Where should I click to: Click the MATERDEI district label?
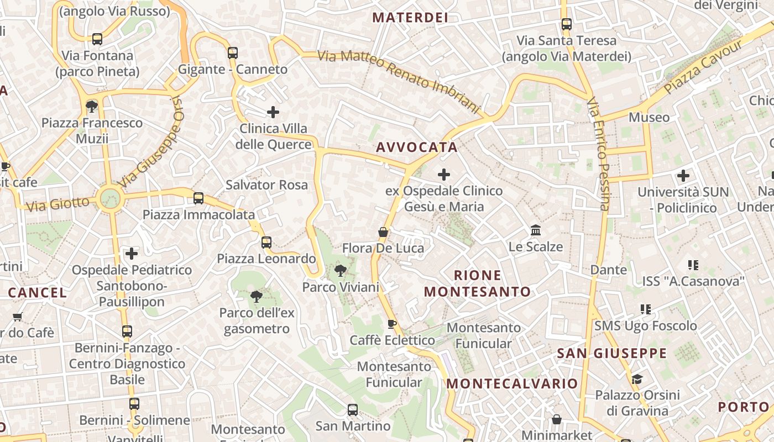(410, 17)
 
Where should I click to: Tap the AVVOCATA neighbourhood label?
(417, 147)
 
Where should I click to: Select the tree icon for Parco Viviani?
(341, 271)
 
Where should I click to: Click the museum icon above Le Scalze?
(535, 230)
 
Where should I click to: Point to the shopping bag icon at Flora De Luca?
(383, 232)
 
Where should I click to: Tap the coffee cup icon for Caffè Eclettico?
(392, 324)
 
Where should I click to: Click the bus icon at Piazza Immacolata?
(198, 198)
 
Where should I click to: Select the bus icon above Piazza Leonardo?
(266, 242)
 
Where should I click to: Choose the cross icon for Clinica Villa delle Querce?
(273, 112)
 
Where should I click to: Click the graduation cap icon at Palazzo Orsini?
(637, 379)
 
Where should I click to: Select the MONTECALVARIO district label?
(512, 383)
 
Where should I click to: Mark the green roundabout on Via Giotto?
(110, 198)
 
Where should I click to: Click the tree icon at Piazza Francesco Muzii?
(92, 106)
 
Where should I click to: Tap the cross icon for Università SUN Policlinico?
(683, 176)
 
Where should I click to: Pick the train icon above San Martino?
(353, 410)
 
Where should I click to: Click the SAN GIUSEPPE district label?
(611, 353)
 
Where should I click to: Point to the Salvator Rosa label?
(266, 185)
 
